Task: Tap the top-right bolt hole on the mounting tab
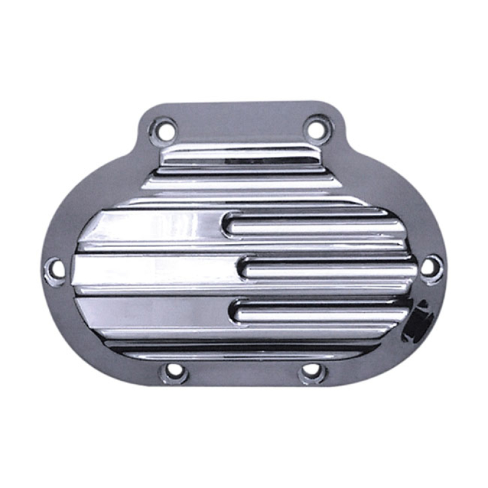[315, 129]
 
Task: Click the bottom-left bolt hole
[174, 370]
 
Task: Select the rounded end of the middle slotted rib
[243, 268]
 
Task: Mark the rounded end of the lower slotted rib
[235, 310]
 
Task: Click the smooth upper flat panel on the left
[152, 227]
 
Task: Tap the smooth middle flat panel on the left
[152, 269]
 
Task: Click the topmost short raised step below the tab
[238, 156]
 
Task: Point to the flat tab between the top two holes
[238, 125]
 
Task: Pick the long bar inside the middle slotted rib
[329, 268]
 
